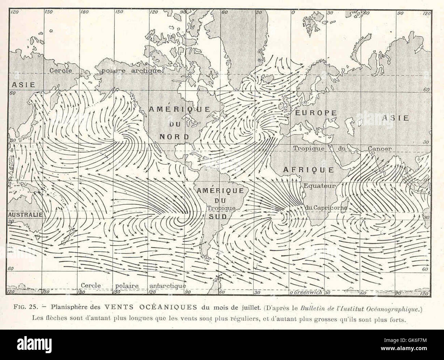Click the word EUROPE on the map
(316, 113)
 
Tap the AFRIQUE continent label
(308, 169)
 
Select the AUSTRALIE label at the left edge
(25, 215)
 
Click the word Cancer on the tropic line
(379, 149)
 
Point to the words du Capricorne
(326, 207)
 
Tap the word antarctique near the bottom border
(168, 286)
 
